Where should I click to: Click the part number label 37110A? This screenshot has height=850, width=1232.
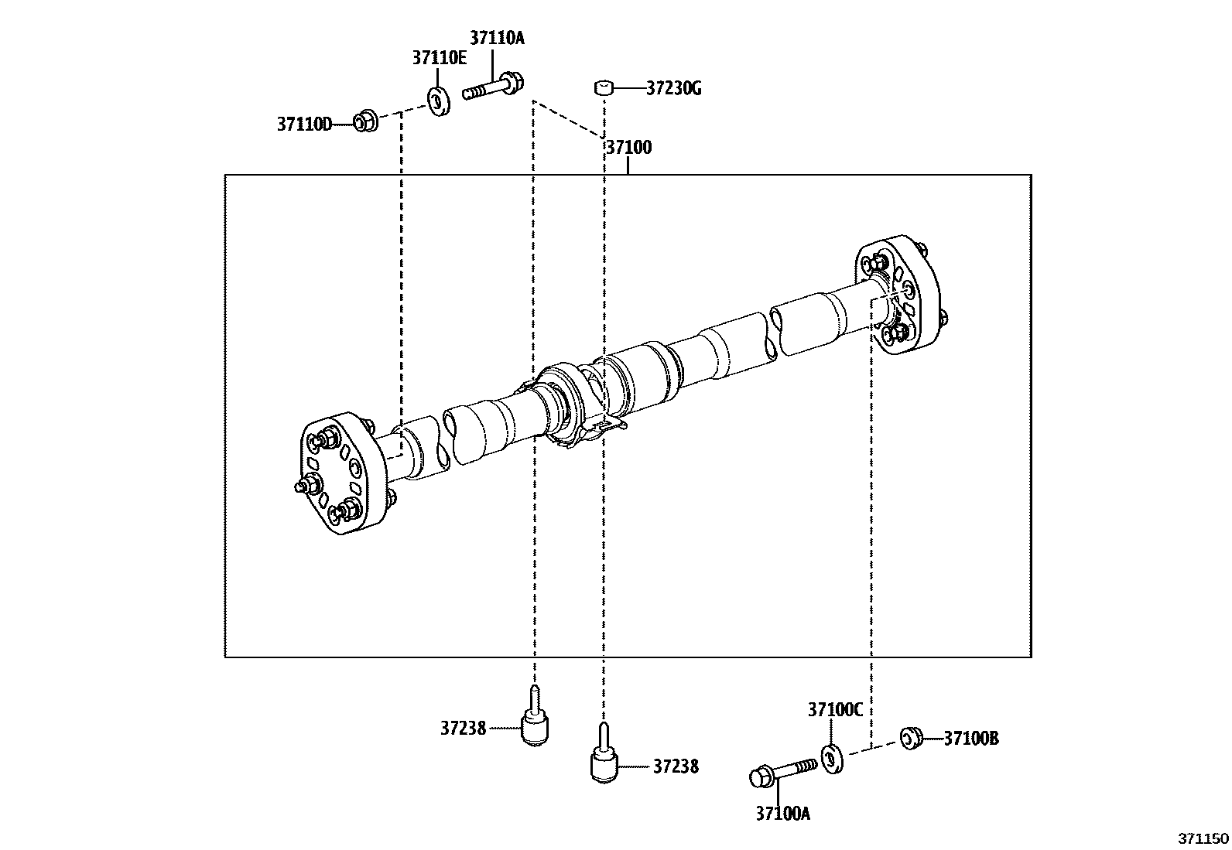(x=497, y=38)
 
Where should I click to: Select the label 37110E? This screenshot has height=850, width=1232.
(x=439, y=57)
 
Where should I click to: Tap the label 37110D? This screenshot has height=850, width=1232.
(x=304, y=124)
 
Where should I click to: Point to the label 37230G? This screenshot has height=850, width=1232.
(x=673, y=88)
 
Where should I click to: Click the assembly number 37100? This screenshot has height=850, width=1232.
(x=628, y=147)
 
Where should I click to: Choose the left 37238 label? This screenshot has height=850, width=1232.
(x=463, y=728)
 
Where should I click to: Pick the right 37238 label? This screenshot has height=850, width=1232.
(x=675, y=766)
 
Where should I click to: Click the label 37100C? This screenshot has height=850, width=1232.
(x=834, y=710)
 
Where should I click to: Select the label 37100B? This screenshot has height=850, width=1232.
(x=970, y=739)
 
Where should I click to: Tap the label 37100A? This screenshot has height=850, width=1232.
(x=782, y=813)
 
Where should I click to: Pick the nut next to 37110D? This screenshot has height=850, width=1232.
(x=364, y=121)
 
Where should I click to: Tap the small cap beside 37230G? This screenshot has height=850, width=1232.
(x=604, y=87)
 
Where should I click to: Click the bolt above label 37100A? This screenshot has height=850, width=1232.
(x=782, y=771)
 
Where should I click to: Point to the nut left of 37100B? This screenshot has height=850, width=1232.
(x=910, y=738)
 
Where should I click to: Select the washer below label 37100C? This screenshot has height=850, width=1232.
(x=832, y=758)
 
